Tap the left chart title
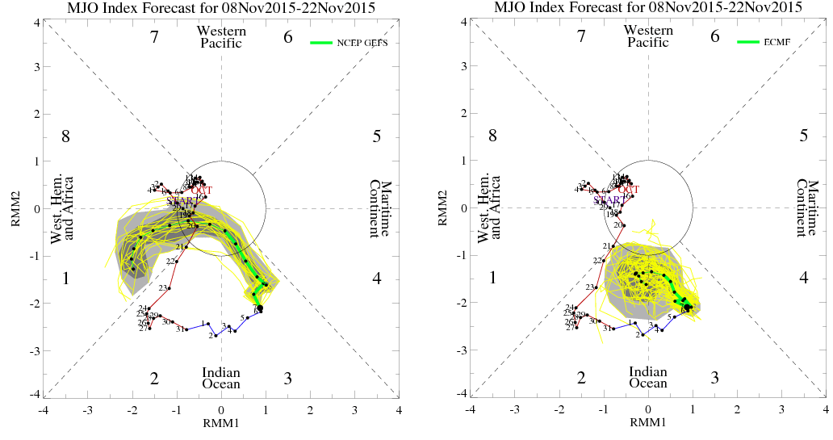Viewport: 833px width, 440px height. pos(221,8)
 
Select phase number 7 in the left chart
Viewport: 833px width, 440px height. pos(154,36)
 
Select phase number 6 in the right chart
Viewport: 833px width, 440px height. pos(714,36)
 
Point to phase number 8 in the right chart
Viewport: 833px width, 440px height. pos(492,136)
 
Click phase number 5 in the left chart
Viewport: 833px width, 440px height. pos(377,136)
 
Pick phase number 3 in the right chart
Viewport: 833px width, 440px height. pos(714,378)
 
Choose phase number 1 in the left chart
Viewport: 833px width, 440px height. pos(66,279)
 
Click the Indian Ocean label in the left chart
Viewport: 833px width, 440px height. pos(221,377)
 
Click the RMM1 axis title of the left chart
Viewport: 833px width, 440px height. pos(221,421)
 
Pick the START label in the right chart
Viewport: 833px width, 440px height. pos(608,200)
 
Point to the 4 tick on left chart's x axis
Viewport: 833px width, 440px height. pos(399,410)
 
